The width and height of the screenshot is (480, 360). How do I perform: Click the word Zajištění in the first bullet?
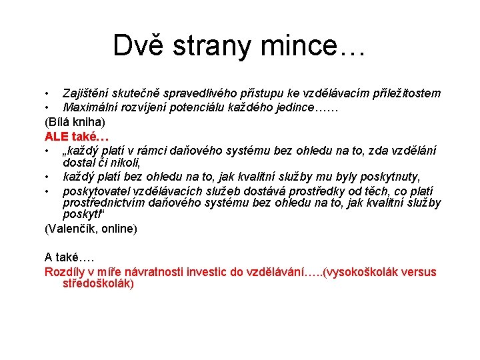click(88, 93)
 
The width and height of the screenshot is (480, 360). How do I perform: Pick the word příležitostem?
click(403, 93)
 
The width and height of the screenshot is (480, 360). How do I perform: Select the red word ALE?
click(57, 136)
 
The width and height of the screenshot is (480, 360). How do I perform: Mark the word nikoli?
click(124, 162)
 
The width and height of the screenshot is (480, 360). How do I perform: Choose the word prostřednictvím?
click(107, 203)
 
